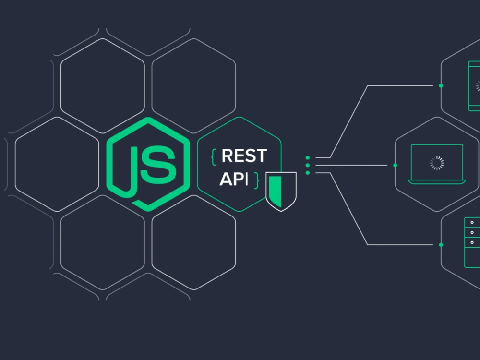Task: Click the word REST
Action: tap(244, 156)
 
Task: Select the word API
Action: tap(234, 179)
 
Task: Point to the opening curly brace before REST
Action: tap(214, 157)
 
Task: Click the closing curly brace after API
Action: tap(256, 180)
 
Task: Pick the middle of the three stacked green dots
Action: tap(308, 165)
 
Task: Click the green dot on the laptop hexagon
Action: tap(395, 165)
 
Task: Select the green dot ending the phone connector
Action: tap(441, 86)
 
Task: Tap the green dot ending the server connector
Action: tap(441, 245)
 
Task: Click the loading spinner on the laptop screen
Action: tap(437, 163)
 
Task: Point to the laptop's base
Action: tap(437, 182)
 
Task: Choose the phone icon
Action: tap(474, 86)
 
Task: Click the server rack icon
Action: tap(472, 242)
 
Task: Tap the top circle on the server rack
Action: tap(472, 223)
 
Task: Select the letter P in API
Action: tap(240, 179)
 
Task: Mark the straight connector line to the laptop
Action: tap(351, 165)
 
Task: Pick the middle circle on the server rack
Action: tap(472, 233)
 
